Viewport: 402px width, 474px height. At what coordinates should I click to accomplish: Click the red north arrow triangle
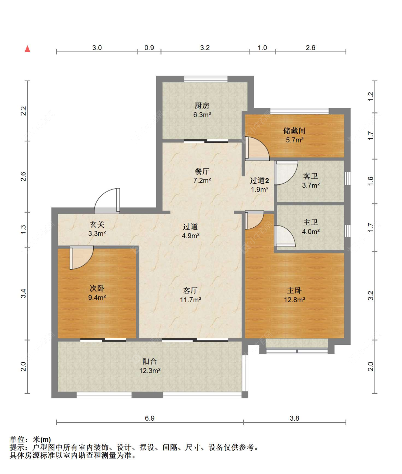coord(28,49)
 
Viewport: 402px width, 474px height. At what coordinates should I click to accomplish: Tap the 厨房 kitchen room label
coord(202,106)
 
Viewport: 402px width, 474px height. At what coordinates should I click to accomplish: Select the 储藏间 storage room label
coord(294,131)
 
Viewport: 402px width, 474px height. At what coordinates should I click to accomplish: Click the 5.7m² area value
coord(294,140)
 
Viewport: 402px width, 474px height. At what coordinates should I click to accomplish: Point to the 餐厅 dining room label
coord(202,171)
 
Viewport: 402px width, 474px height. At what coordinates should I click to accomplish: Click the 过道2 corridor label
coord(259,180)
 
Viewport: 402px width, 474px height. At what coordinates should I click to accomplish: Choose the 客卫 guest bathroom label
coord(310,176)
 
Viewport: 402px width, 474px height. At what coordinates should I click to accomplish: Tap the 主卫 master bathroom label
coord(310,222)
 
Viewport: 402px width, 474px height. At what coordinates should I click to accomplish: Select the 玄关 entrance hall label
coord(97,224)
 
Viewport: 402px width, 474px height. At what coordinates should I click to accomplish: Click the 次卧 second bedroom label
coord(97,288)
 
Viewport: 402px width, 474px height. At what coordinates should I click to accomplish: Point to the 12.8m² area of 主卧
coord(294,300)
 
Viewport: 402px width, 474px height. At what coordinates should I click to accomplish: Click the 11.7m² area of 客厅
coord(190,300)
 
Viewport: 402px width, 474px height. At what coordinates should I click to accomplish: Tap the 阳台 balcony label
coord(149,361)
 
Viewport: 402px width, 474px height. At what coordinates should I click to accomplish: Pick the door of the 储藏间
coord(257,149)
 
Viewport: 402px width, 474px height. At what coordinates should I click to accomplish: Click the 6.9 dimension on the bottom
coord(149,418)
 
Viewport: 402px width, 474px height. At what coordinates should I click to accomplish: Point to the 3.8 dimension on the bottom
coord(294,418)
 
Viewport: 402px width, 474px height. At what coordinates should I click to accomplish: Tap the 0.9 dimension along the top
coord(149,48)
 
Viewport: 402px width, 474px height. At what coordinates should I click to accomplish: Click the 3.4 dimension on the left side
coord(23,294)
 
